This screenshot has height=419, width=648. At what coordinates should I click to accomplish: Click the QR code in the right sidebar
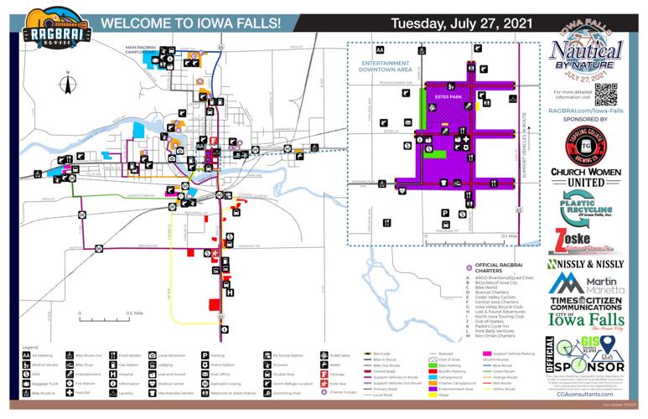605,94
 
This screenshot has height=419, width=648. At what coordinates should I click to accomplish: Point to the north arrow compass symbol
68,85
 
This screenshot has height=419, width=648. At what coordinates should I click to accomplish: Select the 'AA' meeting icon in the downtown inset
380,51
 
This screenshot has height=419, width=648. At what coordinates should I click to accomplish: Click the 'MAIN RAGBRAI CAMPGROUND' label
148,49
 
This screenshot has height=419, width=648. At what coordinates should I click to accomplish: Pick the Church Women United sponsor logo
585,177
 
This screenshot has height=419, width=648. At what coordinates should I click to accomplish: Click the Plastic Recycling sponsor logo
585,208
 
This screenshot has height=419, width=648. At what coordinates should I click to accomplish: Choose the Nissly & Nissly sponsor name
585,264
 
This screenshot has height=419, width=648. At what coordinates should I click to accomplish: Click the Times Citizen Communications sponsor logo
585,303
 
